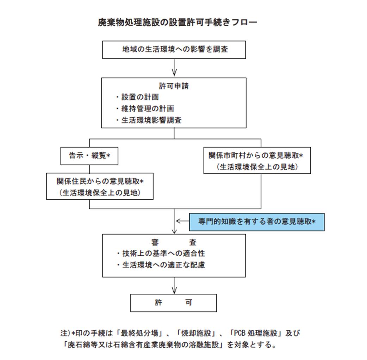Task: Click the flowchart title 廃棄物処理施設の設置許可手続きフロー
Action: [178, 23]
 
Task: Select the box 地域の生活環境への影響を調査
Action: [174, 50]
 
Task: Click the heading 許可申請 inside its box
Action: [174, 86]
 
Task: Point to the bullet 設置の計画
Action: [138, 97]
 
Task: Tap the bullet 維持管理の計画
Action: [145, 108]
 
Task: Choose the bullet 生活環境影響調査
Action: [149, 120]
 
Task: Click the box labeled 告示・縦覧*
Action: [89, 156]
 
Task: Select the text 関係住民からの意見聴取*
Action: [100, 181]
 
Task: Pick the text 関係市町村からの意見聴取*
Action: [256, 155]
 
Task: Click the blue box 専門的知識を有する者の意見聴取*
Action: [257, 222]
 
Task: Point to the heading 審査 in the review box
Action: [174, 242]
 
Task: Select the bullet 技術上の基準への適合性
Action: [161, 253]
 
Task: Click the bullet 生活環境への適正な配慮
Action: [161, 265]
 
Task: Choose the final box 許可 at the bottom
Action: [173, 303]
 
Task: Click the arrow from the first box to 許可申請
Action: [174, 67]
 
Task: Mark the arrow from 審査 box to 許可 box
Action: [174, 286]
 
